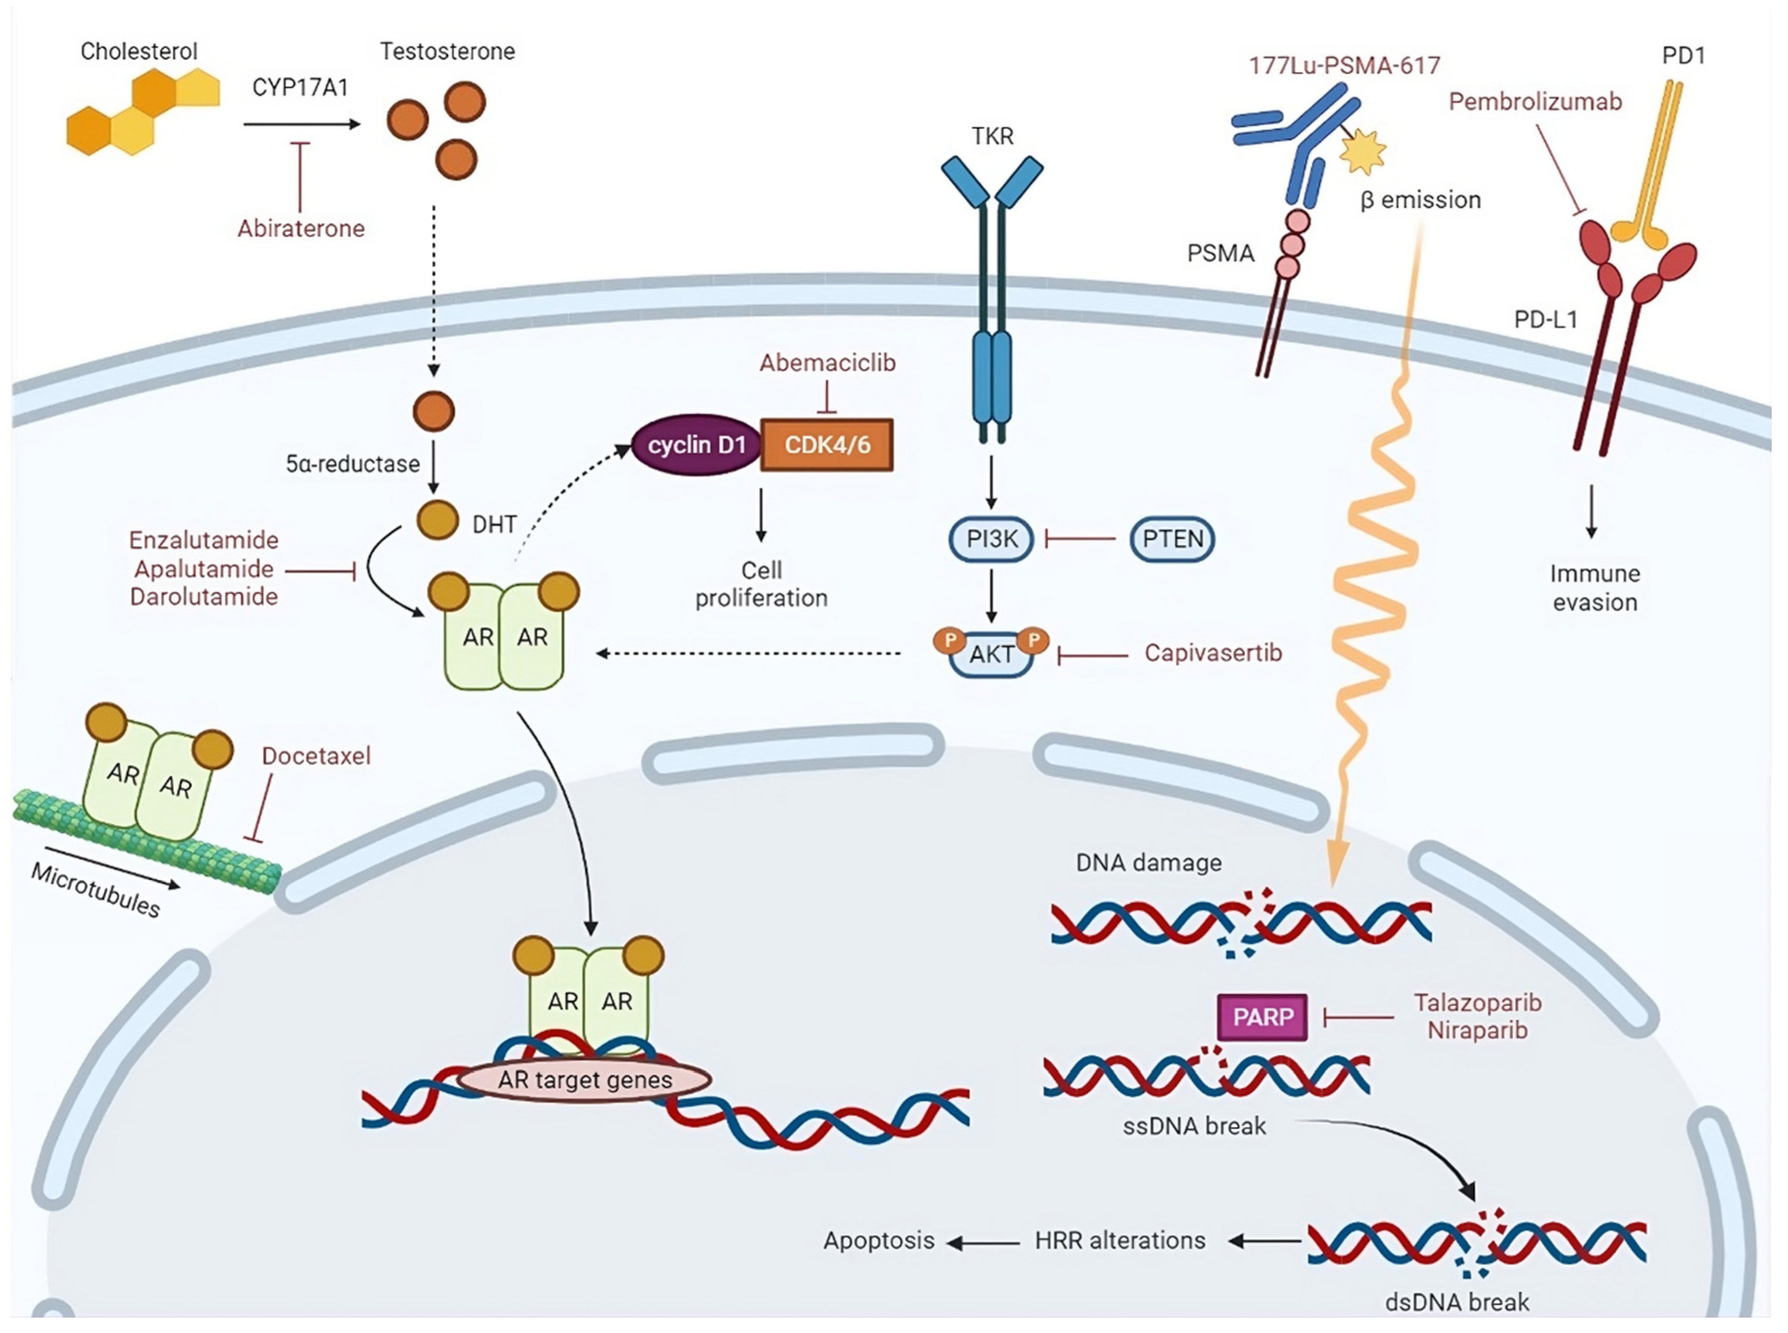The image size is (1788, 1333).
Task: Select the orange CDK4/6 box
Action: click(827, 444)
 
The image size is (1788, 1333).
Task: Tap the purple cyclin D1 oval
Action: click(695, 444)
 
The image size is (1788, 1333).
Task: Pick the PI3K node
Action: click(992, 539)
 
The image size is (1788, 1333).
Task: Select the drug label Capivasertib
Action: click(1213, 653)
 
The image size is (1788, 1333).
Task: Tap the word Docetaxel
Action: click(316, 756)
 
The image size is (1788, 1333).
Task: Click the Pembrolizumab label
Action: click(1535, 102)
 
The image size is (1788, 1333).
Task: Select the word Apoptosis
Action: click(878, 1240)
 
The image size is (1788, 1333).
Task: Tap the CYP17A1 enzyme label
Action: click(300, 87)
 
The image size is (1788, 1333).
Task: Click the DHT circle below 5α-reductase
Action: click(436, 520)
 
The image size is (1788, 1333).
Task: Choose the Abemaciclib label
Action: click(827, 363)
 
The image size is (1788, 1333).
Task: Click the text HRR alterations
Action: click(1120, 1240)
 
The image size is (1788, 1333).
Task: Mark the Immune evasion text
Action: click(1594, 587)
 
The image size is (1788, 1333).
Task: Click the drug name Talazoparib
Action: click(1477, 1003)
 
